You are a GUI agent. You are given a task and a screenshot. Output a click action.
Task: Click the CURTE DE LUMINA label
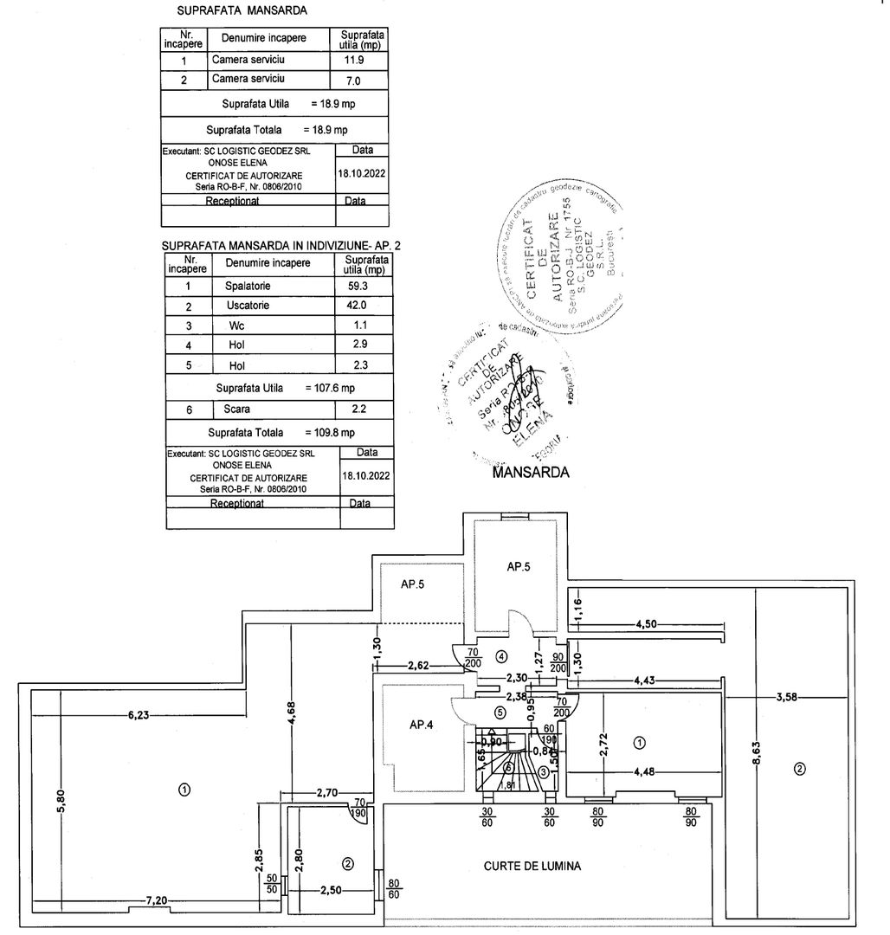coord(532,865)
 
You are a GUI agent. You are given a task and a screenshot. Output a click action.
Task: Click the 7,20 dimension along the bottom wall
coord(156,900)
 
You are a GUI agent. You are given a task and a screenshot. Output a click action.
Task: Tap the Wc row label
coord(236,326)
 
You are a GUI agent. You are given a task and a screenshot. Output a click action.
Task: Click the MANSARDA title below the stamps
coord(531,474)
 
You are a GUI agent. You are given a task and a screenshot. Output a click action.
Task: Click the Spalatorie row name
coord(248,285)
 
